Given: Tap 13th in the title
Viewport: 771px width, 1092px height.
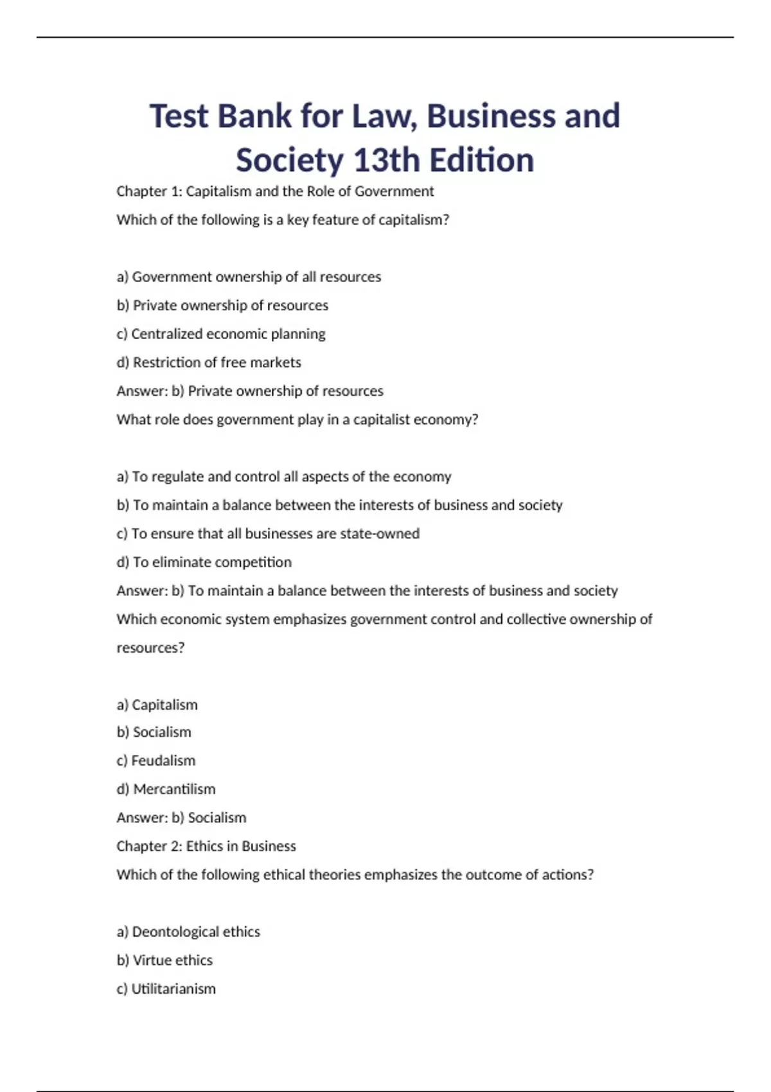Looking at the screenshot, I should [x=385, y=160].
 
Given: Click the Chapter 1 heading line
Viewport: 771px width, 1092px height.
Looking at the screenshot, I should [x=275, y=191].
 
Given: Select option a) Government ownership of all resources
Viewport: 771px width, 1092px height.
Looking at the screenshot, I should [x=249, y=277].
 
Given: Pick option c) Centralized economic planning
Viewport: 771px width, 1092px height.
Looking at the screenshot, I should [x=221, y=334].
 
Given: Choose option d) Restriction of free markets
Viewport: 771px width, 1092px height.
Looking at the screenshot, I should [x=209, y=362].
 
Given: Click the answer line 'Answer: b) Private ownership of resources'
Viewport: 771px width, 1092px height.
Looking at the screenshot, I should [x=250, y=391].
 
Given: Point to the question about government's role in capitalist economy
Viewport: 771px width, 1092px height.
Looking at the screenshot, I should [x=297, y=419].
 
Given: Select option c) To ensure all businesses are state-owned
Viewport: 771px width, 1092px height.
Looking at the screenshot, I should [x=268, y=534].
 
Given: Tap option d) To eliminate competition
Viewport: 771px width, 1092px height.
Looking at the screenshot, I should [x=204, y=562].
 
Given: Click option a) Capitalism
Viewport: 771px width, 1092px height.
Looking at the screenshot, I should [x=157, y=705].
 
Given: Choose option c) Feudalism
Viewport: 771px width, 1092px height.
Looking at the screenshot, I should [x=156, y=761].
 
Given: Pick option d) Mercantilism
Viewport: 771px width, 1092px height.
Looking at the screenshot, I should [x=166, y=789].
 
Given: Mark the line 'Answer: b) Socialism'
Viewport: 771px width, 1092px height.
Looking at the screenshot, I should [x=181, y=818].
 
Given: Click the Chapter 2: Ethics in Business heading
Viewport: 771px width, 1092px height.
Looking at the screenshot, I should [x=206, y=846].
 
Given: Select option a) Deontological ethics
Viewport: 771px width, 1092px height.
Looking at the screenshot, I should [x=188, y=932].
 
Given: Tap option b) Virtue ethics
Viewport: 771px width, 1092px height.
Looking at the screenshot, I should [x=164, y=960].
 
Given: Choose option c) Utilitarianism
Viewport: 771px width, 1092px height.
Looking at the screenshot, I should [x=166, y=989].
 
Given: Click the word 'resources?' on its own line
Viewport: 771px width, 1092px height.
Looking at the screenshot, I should [x=150, y=647].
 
